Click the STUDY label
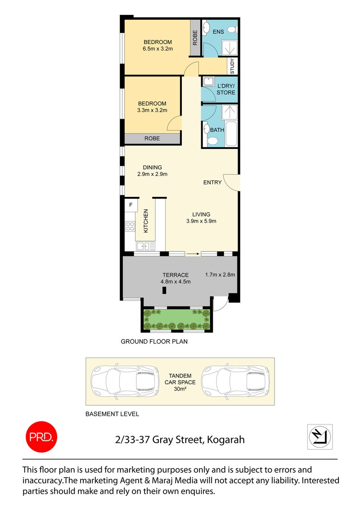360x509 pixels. (x=233, y=67)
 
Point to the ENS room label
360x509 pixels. (x=219, y=32)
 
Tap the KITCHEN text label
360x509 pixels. (x=146, y=221)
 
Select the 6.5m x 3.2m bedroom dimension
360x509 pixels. (x=157, y=49)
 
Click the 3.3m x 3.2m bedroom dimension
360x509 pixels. (x=152, y=110)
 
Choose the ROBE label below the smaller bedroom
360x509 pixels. (x=152, y=138)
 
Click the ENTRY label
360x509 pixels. (x=212, y=183)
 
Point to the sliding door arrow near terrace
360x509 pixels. (x=192, y=254)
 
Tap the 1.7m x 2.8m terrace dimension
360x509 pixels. (x=220, y=275)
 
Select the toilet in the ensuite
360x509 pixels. (x=231, y=30)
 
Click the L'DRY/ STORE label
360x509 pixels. (x=226, y=89)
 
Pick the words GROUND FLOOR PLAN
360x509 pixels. (x=154, y=341)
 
